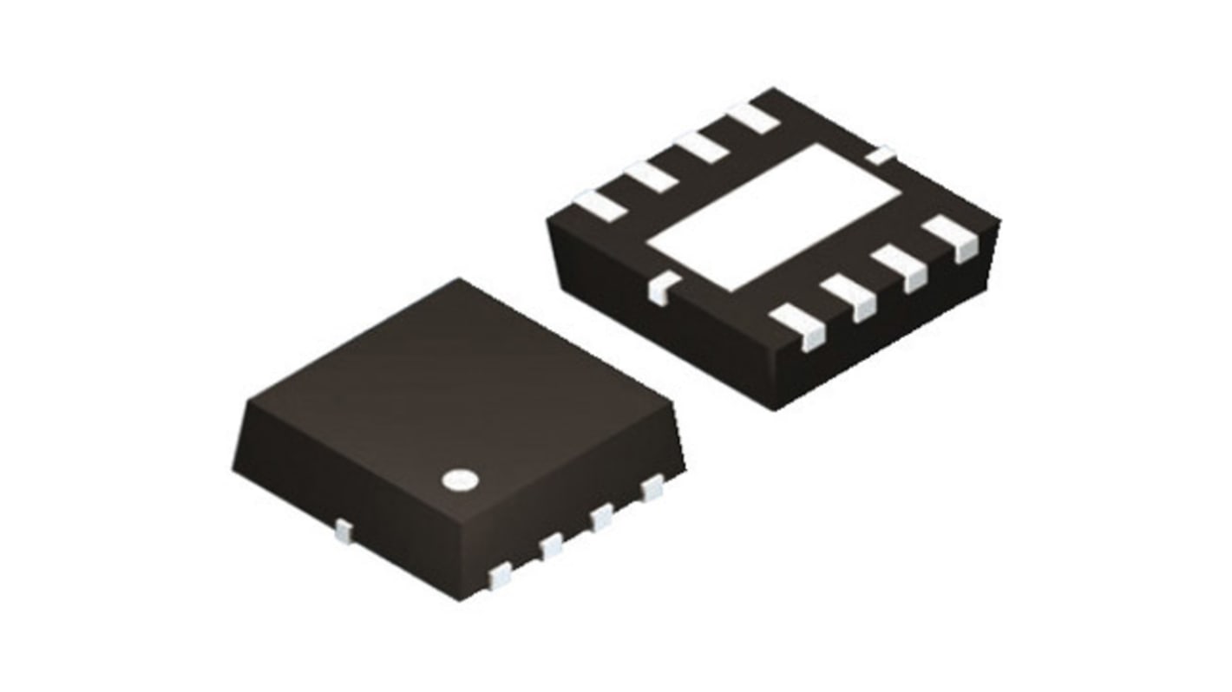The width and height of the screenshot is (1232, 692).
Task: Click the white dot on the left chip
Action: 460,479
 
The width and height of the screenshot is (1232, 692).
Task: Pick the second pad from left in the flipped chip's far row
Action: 650,175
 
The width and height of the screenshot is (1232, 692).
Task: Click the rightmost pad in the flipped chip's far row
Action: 752,117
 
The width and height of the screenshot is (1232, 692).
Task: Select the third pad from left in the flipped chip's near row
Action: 901,265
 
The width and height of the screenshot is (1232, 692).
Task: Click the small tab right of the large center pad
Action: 881,155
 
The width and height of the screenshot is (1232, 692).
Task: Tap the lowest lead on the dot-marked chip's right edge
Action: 501,575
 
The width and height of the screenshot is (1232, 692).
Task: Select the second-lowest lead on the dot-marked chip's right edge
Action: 551,546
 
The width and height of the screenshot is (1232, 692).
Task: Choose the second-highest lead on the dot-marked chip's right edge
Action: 601,519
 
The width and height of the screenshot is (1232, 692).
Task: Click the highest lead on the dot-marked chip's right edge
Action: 652,490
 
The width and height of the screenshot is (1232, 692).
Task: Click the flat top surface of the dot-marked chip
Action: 451,382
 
